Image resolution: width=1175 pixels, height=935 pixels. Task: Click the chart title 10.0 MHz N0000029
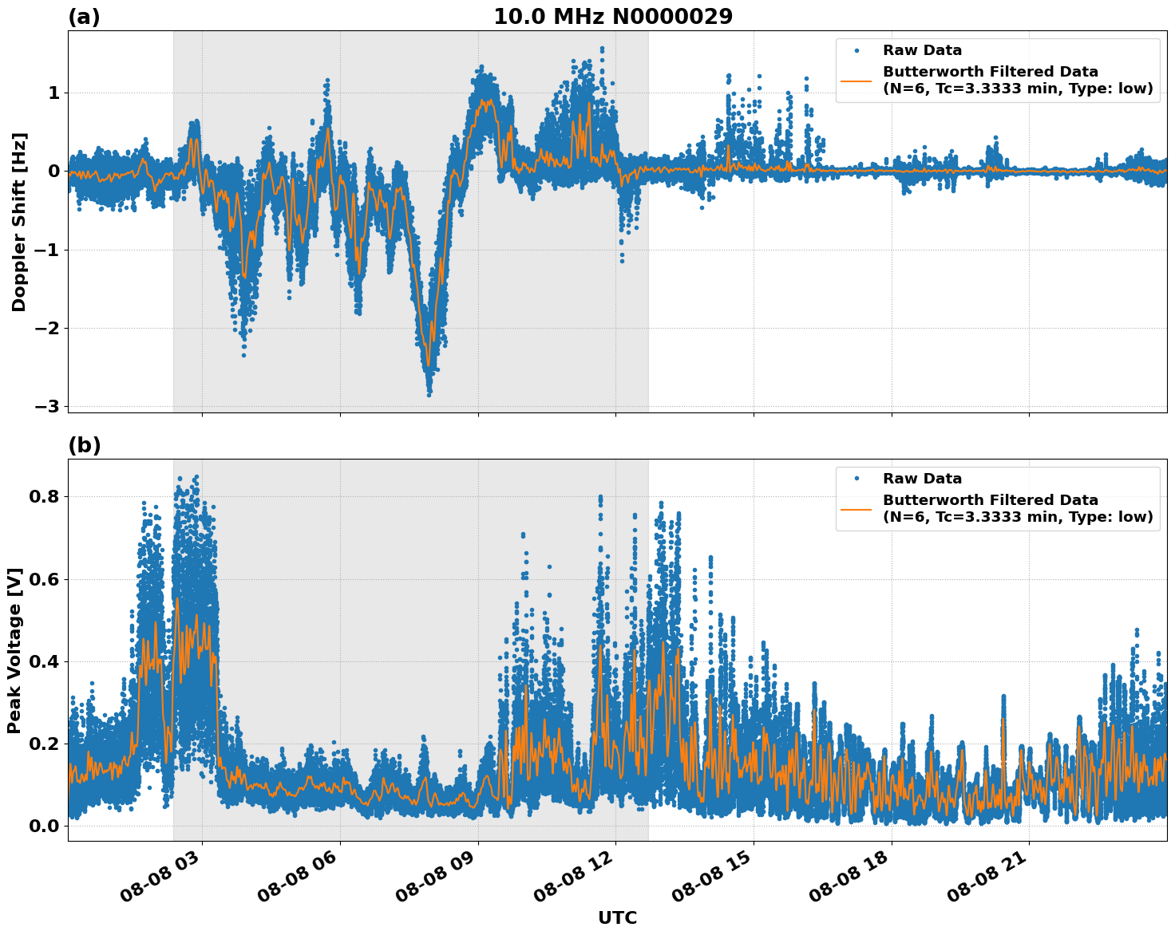tap(612, 17)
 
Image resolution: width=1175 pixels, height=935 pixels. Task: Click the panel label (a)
tap(84, 17)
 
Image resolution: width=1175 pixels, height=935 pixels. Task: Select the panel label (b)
tap(84, 445)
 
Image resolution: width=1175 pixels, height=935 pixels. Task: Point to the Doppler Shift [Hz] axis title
tap(19, 222)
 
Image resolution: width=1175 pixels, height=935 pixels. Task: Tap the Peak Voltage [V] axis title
tap(14, 650)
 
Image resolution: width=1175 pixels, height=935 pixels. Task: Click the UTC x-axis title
tap(617, 917)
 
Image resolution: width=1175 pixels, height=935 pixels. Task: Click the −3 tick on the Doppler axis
tap(47, 406)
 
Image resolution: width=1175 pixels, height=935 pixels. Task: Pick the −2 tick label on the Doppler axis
tap(47, 328)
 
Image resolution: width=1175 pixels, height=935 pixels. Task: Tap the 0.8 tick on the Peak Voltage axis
tap(44, 496)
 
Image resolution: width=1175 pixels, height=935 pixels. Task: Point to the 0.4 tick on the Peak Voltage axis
tap(44, 661)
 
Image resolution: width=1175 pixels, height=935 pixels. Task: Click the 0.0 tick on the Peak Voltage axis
tap(44, 826)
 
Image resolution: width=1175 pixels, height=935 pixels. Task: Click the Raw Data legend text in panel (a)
tap(922, 50)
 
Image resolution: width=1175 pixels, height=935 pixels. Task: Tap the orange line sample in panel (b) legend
tap(856, 508)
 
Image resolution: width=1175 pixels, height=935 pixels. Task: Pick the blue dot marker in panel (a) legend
tap(856, 50)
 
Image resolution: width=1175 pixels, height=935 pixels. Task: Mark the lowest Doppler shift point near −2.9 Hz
tap(429, 394)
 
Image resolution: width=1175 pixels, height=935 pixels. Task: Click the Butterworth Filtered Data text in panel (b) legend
tap(990, 500)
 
